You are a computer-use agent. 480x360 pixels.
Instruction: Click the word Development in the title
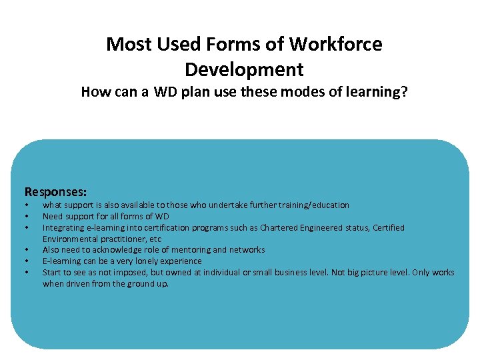pyautogui.click(x=244, y=69)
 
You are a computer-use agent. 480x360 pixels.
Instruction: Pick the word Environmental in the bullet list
pyautogui.click(x=69, y=239)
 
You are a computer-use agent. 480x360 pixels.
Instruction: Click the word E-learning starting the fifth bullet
pyautogui.click(x=60, y=261)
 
